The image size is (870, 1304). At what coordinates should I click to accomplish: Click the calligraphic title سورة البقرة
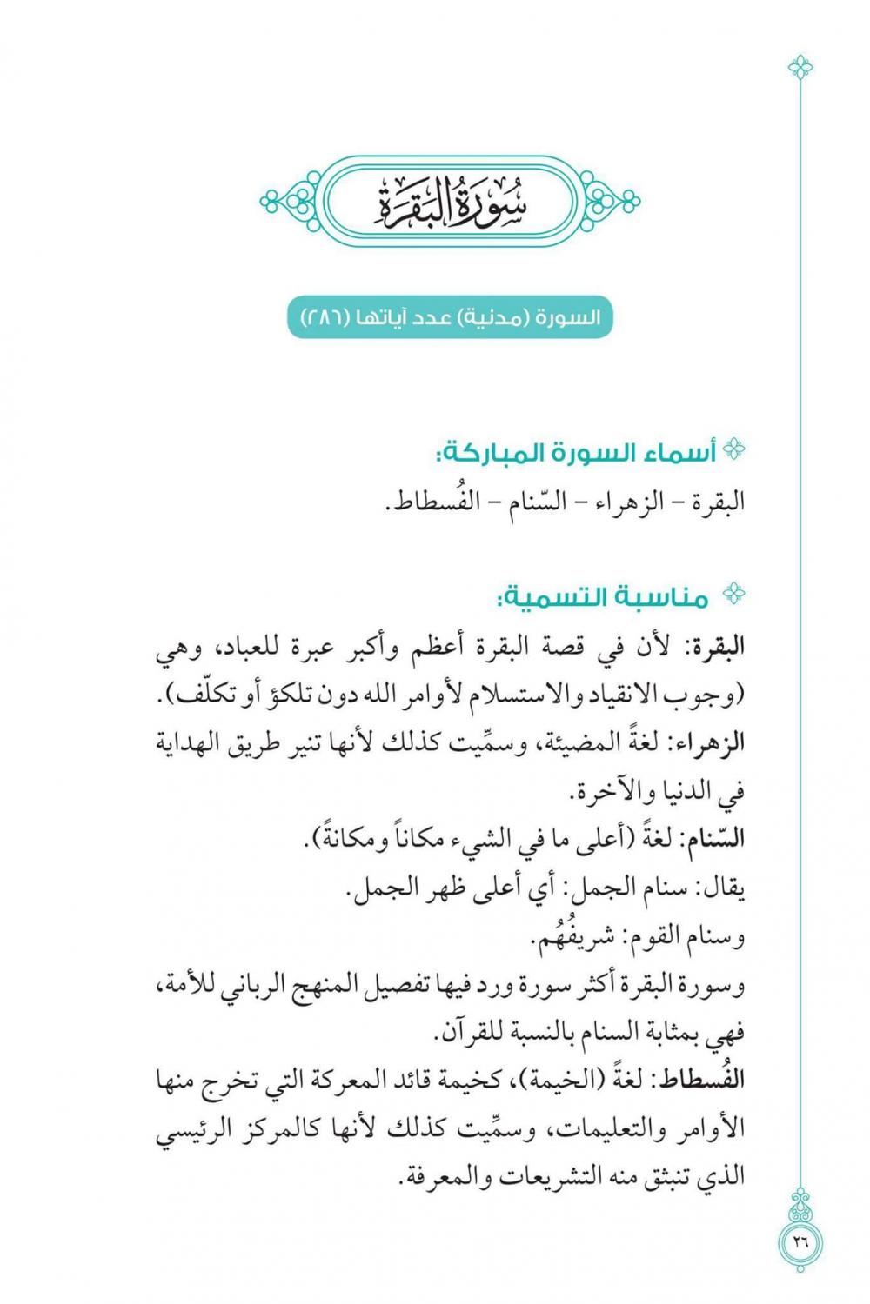[450, 202]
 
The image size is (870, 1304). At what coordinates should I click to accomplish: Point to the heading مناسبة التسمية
[602, 598]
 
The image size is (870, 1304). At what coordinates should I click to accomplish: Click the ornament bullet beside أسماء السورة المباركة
[735, 450]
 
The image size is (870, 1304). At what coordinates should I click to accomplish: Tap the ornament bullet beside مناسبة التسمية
[735, 595]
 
